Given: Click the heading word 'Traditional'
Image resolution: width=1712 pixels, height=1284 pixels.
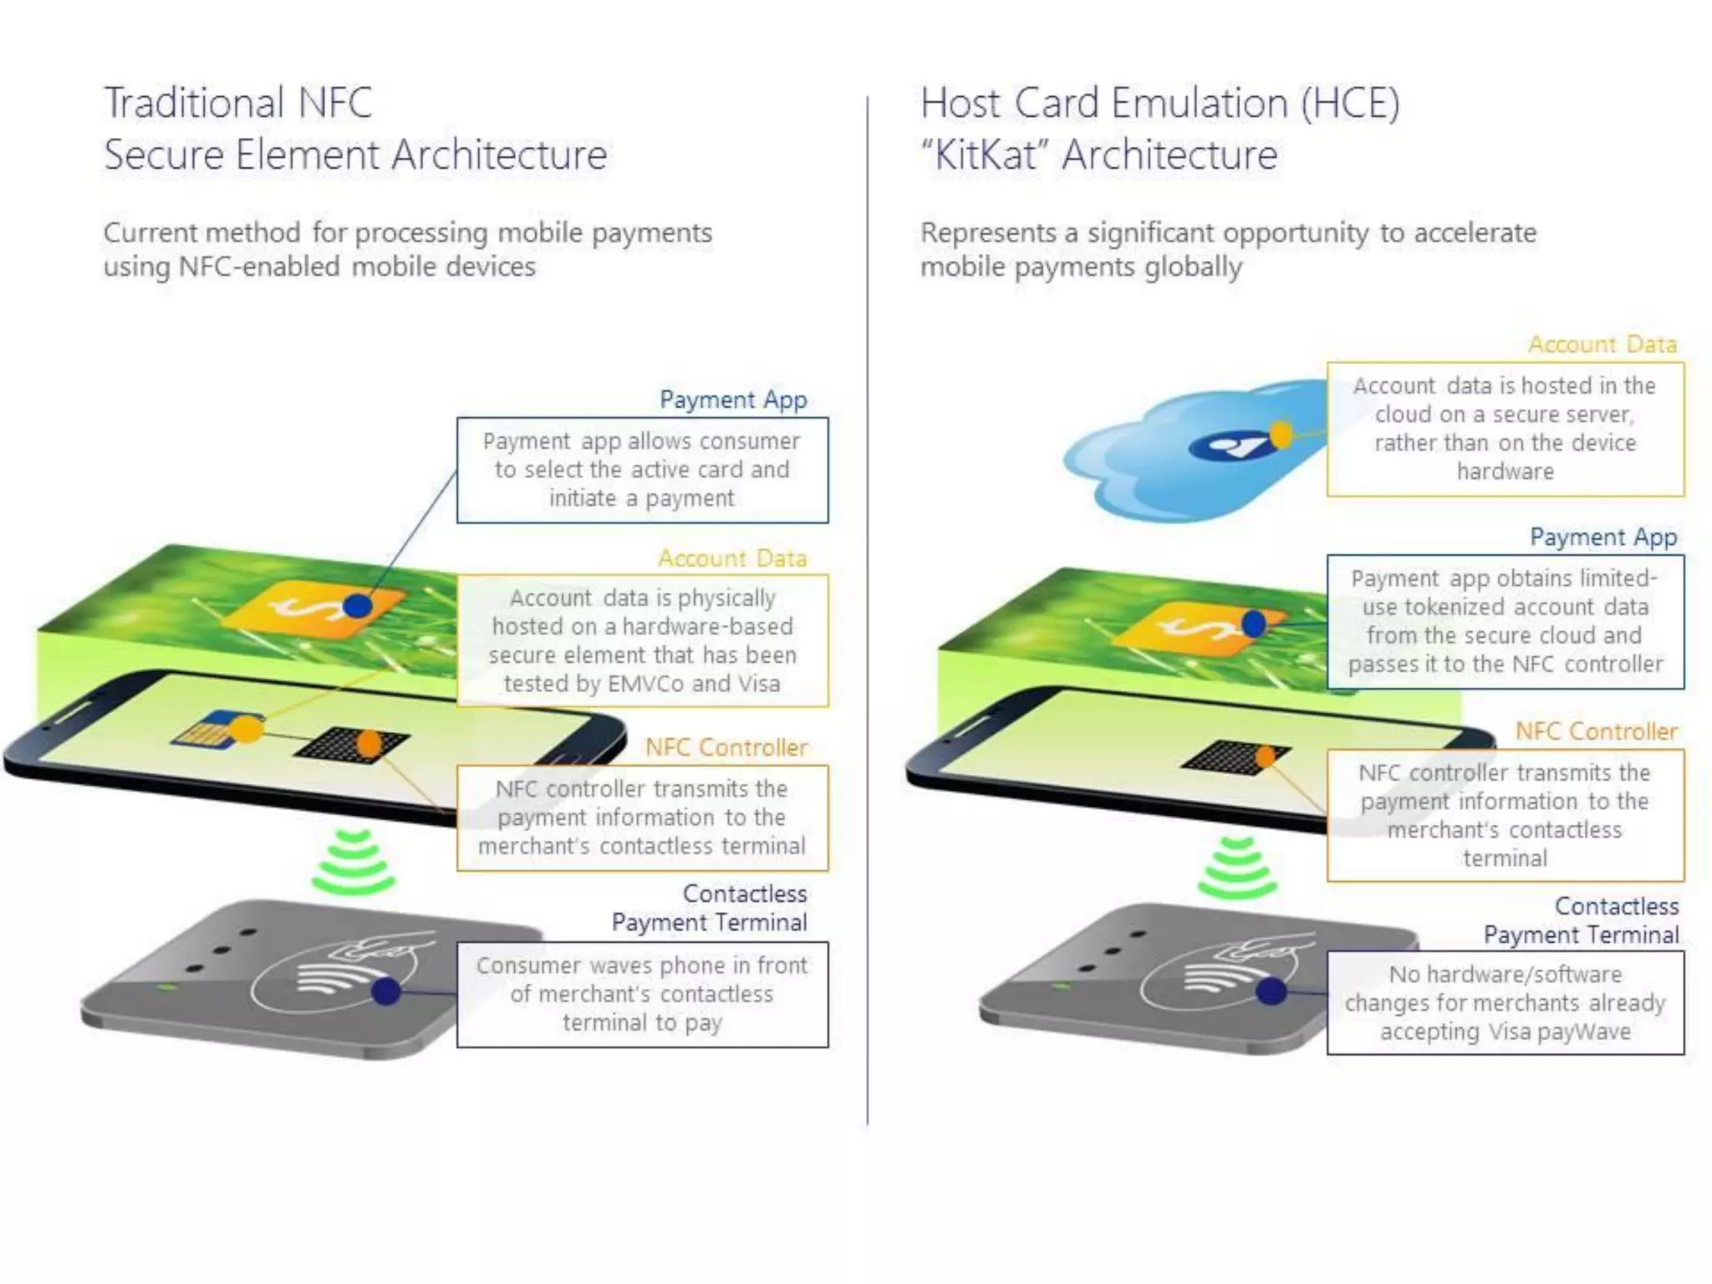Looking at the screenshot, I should coord(192,104).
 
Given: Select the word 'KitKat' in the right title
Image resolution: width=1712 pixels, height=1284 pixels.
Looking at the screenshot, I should coord(986,155).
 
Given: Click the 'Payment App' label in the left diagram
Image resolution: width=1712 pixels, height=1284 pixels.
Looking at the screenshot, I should coord(732,400).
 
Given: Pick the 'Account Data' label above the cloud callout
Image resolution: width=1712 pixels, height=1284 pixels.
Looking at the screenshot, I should coord(1602,344).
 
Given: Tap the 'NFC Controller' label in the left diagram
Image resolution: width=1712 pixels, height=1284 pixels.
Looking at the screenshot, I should coord(726,747).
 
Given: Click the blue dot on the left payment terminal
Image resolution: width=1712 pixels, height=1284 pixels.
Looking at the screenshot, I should coord(386,992).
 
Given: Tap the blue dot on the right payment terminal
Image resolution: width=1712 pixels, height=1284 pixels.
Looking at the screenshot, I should coord(1271,991).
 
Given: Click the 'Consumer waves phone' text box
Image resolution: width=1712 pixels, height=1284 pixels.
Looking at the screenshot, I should coord(642,994).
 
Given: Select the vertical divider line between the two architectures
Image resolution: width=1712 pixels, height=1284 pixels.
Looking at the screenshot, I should coord(868,610).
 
